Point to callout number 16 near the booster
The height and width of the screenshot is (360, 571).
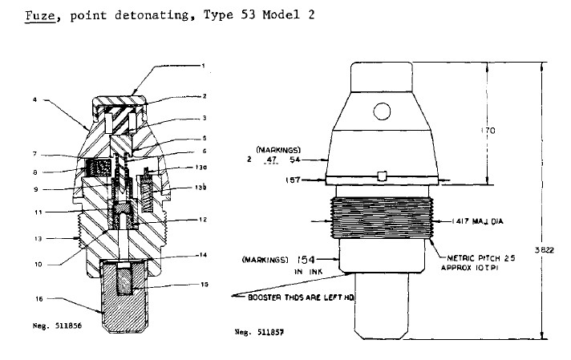point(36,298)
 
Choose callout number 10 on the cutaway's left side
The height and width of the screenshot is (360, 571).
point(36,263)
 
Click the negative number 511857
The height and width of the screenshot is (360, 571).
point(255,330)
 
